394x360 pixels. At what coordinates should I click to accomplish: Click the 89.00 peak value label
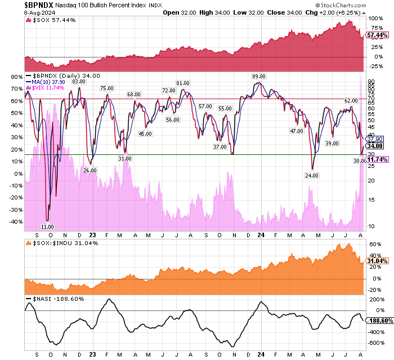coord(258,76)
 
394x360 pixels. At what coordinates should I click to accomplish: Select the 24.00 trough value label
coord(311,175)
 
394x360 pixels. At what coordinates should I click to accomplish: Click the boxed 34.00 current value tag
coord(375,145)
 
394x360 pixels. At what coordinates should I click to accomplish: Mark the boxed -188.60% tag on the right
coord(379,321)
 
